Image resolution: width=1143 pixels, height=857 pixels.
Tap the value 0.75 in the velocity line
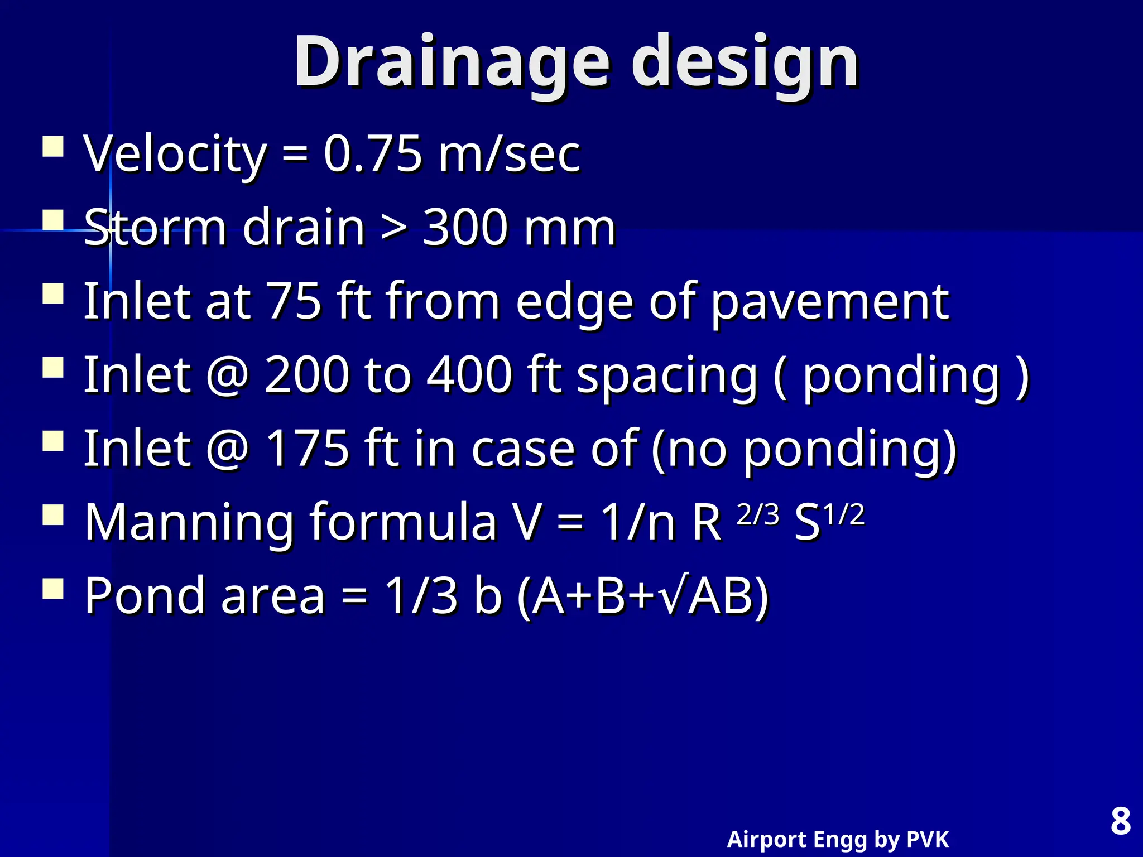pyautogui.click(x=372, y=154)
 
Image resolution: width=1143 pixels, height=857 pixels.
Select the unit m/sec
pyautogui.click(x=509, y=154)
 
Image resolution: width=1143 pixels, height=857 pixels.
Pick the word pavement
pyautogui.click(x=829, y=302)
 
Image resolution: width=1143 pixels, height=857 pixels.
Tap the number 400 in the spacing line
pyautogui.click(x=469, y=375)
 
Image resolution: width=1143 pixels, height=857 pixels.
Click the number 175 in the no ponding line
pyautogui.click(x=306, y=449)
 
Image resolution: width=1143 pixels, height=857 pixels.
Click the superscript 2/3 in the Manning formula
pyautogui.click(x=757, y=514)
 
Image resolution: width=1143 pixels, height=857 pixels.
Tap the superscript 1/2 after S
pyautogui.click(x=844, y=514)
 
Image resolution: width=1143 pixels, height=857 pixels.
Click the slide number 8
pyautogui.click(x=1120, y=821)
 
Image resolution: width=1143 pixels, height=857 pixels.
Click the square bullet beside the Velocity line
pyautogui.click(x=53, y=147)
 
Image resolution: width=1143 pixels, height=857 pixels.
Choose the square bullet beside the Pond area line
pyautogui.click(x=53, y=588)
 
